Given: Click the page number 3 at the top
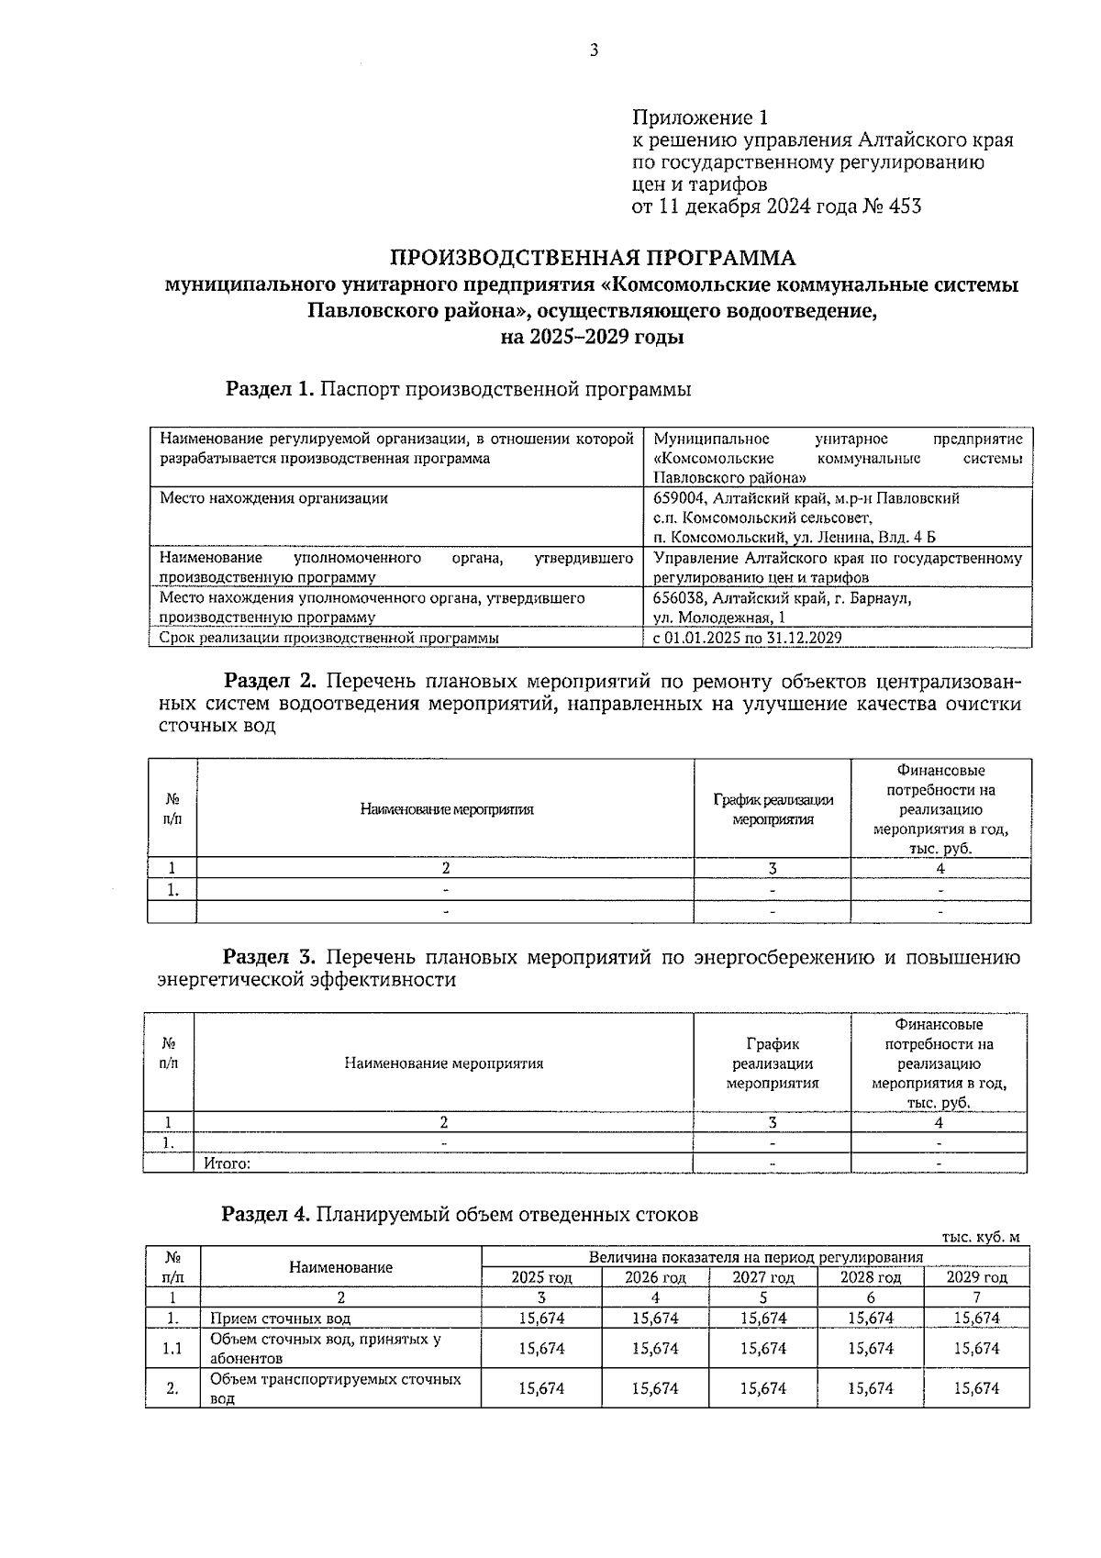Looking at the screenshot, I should pos(594,50).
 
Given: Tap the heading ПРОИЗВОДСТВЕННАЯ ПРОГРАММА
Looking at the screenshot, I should pos(594,258).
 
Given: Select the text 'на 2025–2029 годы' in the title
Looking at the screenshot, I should pos(592,338).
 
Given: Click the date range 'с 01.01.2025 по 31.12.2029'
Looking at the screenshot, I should pos(748,638).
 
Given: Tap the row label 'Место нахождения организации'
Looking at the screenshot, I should pos(273,498).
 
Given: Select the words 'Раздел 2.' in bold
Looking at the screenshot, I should pos(271,682).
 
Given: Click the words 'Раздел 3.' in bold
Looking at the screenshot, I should pos(271,957).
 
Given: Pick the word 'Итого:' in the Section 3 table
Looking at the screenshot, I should pos(227,1163).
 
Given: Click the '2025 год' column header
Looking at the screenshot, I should pos(541,1277).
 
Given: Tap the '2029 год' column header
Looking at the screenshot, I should pos(976,1277).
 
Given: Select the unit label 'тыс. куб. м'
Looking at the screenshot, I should pos(981,1237).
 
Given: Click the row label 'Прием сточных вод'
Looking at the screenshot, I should pos(281,1319).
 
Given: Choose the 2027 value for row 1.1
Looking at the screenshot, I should pos(762,1349).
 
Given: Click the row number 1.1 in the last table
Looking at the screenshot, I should pos(172,1349).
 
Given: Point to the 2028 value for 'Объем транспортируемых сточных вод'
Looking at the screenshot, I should pos(870,1389).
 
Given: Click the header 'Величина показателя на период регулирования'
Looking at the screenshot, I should pos(755,1257).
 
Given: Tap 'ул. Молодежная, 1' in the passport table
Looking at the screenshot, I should pos(719,618).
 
